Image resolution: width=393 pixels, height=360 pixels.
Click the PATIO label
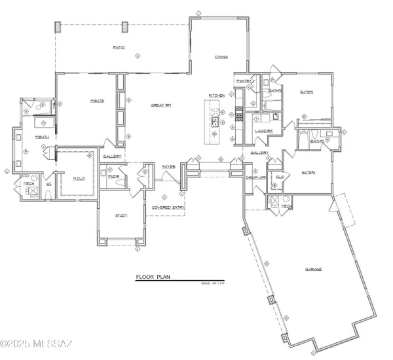click(x=119, y=48)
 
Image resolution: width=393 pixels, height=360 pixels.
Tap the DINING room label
click(x=221, y=58)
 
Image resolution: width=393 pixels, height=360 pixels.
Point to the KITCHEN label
click(x=217, y=96)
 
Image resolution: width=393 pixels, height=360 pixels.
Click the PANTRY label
click(x=244, y=81)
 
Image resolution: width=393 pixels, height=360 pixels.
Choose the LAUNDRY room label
click(x=264, y=131)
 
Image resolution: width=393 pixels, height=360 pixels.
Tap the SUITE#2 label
click(x=307, y=92)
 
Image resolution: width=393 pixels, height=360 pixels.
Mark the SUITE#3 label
click(x=308, y=172)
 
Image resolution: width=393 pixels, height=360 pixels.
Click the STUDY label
click(x=121, y=215)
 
